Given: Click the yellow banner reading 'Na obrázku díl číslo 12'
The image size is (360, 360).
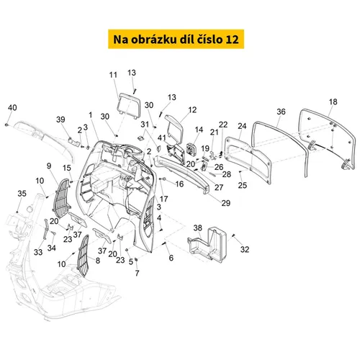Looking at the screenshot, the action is click(x=176, y=39).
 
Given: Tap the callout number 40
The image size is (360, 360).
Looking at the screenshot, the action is click(x=12, y=107).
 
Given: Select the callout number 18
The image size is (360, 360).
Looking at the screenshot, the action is click(x=333, y=102).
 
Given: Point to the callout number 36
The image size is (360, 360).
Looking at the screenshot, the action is click(x=281, y=112).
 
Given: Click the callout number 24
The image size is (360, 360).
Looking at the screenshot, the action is click(x=242, y=126).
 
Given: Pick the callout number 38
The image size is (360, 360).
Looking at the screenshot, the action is click(x=198, y=228).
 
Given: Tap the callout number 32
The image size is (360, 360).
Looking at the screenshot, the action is click(x=245, y=249).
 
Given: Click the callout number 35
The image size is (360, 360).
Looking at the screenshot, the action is click(x=22, y=194).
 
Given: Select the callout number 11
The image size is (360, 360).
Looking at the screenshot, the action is click(x=113, y=75).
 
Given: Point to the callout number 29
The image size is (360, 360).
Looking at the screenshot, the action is click(x=225, y=203).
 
